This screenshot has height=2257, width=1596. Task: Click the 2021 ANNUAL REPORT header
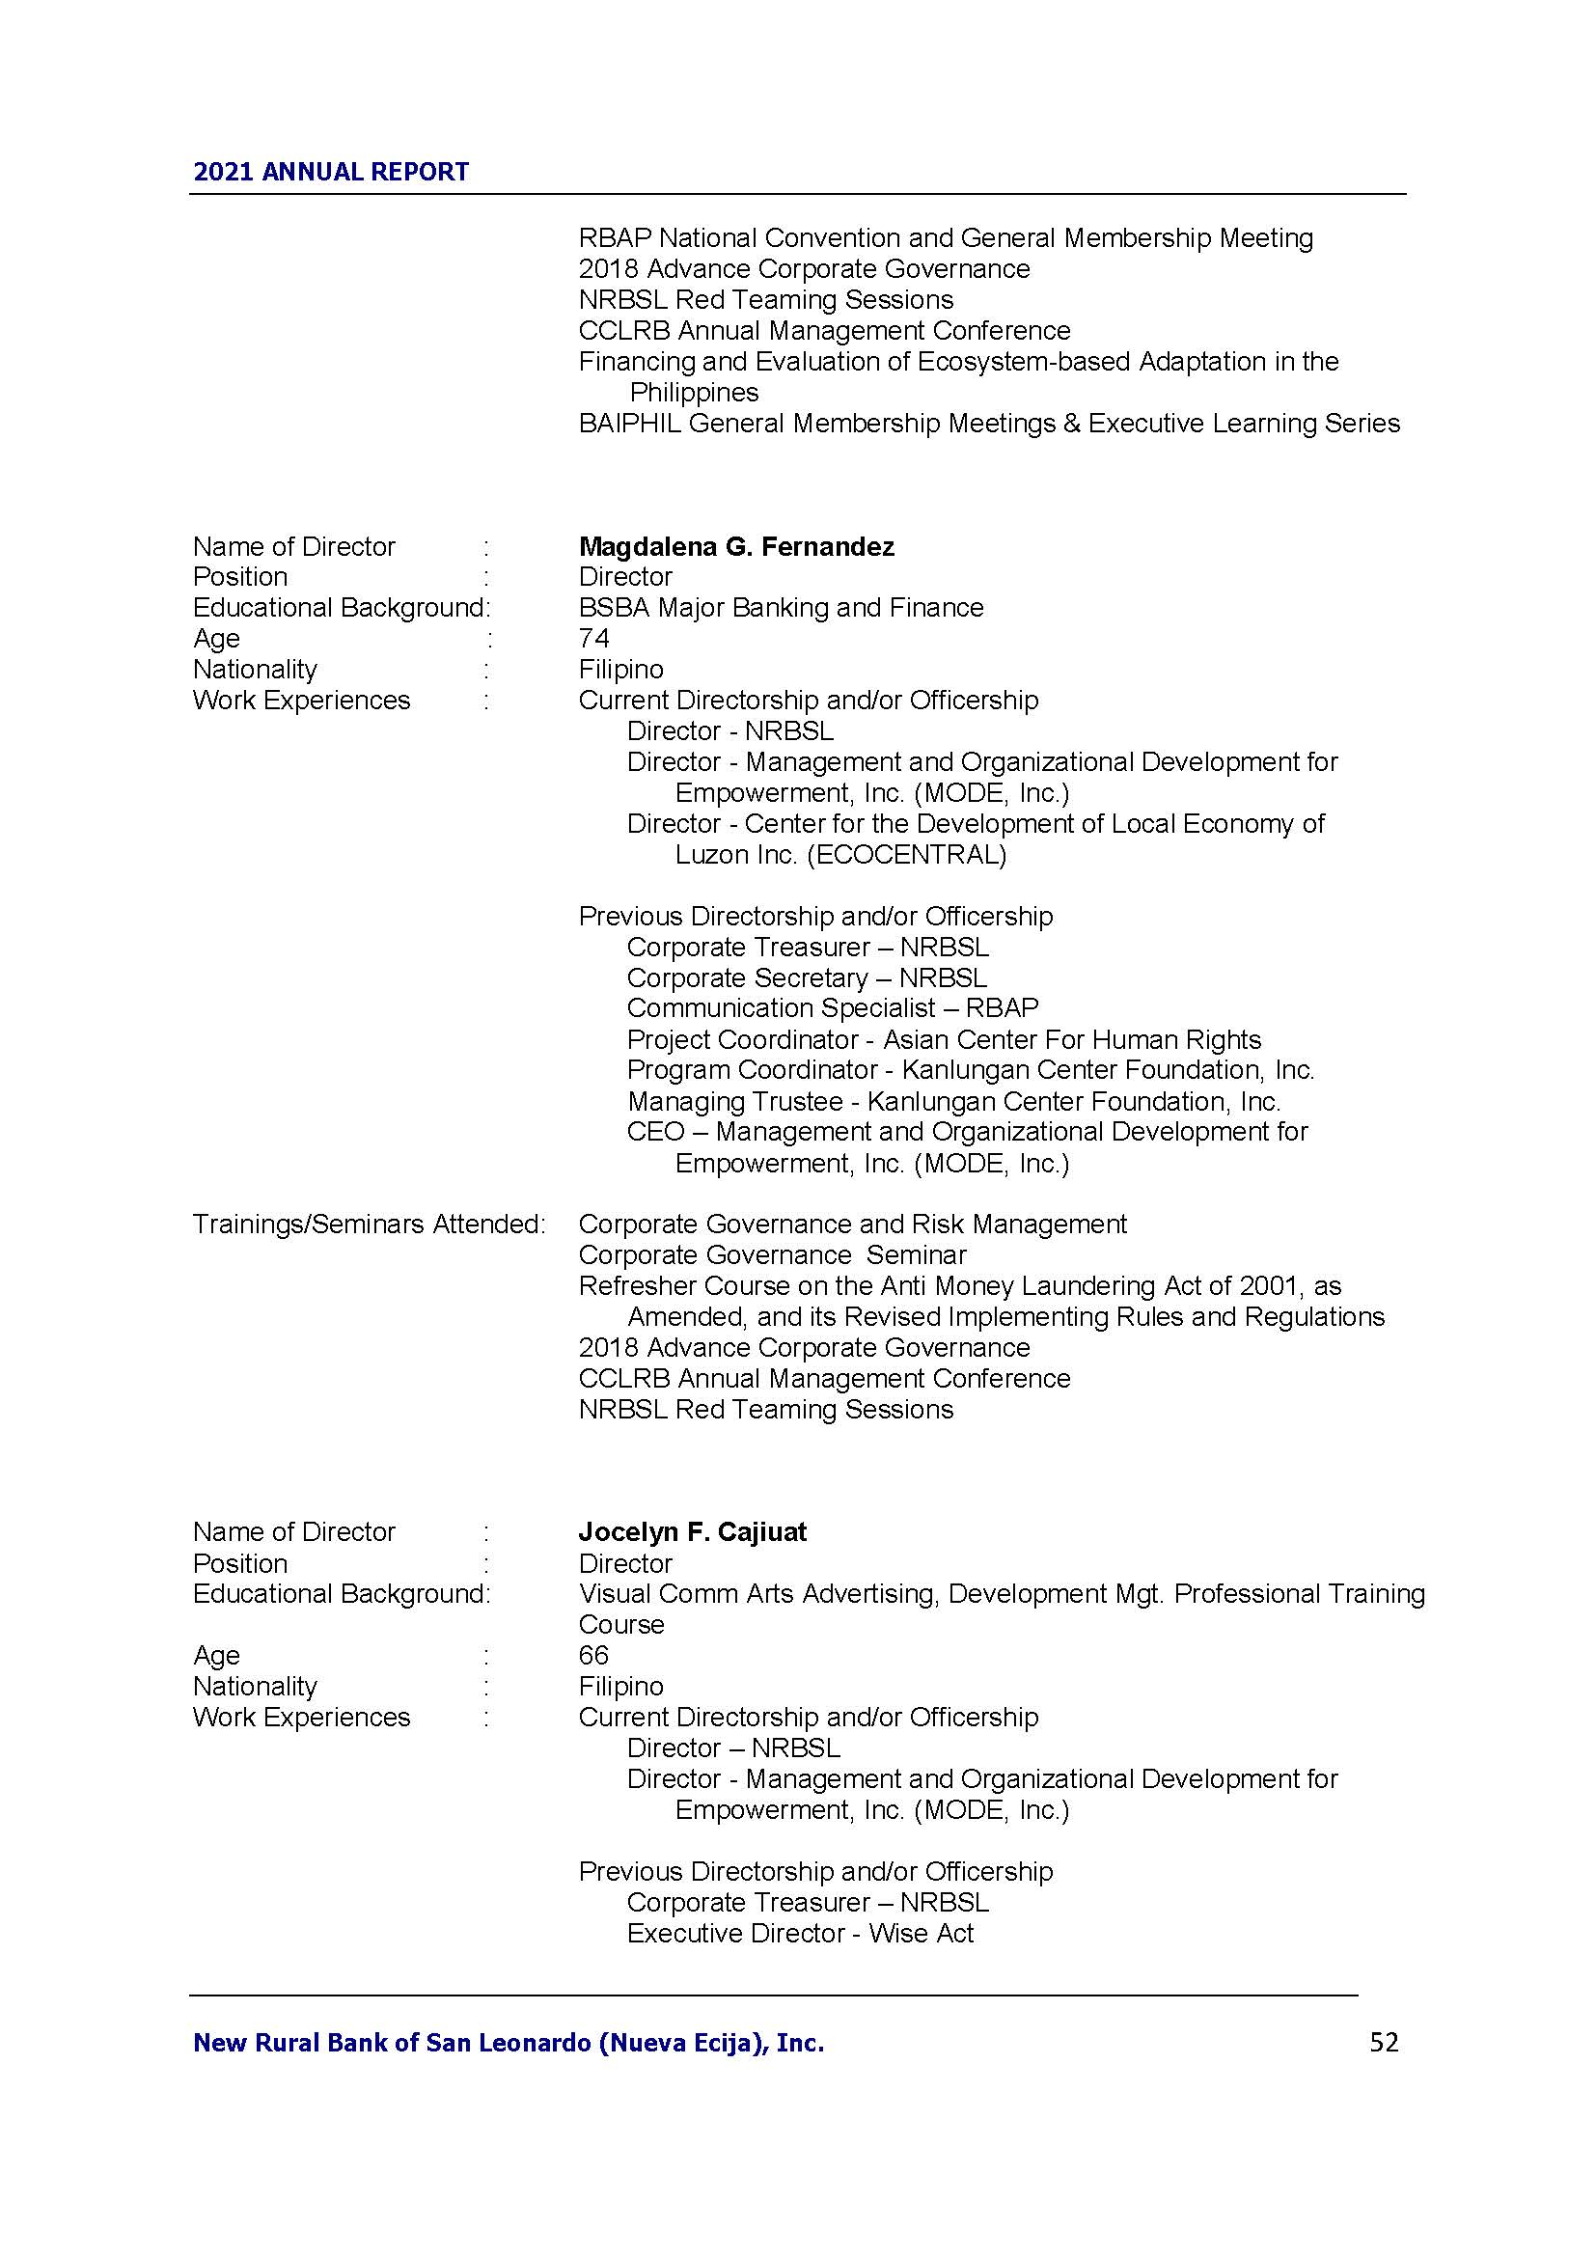[x=330, y=172]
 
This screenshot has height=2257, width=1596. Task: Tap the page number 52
[x=1383, y=2042]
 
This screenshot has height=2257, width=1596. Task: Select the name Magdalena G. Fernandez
[x=736, y=546]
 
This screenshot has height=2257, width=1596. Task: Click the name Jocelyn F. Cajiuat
[x=692, y=1531]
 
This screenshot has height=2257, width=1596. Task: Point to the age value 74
[x=593, y=639]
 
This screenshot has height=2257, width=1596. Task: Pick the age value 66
[x=593, y=1656]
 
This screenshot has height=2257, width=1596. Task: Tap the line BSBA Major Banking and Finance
[x=781, y=608]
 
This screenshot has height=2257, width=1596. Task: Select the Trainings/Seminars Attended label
[x=369, y=1224]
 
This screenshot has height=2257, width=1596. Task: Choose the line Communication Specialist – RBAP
[x=833, y=1008]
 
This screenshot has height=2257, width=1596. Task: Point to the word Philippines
[x=694, y=393]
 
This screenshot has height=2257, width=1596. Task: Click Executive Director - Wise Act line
[x=800, y=1934]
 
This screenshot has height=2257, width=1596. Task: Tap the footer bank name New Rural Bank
[x=509, y=2043]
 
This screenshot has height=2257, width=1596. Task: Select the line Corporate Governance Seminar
[x=773, y=1255]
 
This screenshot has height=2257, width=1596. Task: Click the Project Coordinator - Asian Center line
[x=944, y=1039]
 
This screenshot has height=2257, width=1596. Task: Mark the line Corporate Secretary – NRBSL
[x=807, y=978]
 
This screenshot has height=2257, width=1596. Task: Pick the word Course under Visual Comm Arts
[x=621, y=1624]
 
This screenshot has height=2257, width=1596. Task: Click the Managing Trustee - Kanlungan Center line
[x=953, y=1101]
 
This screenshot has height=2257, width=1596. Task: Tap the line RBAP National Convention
[x=946, y=238]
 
